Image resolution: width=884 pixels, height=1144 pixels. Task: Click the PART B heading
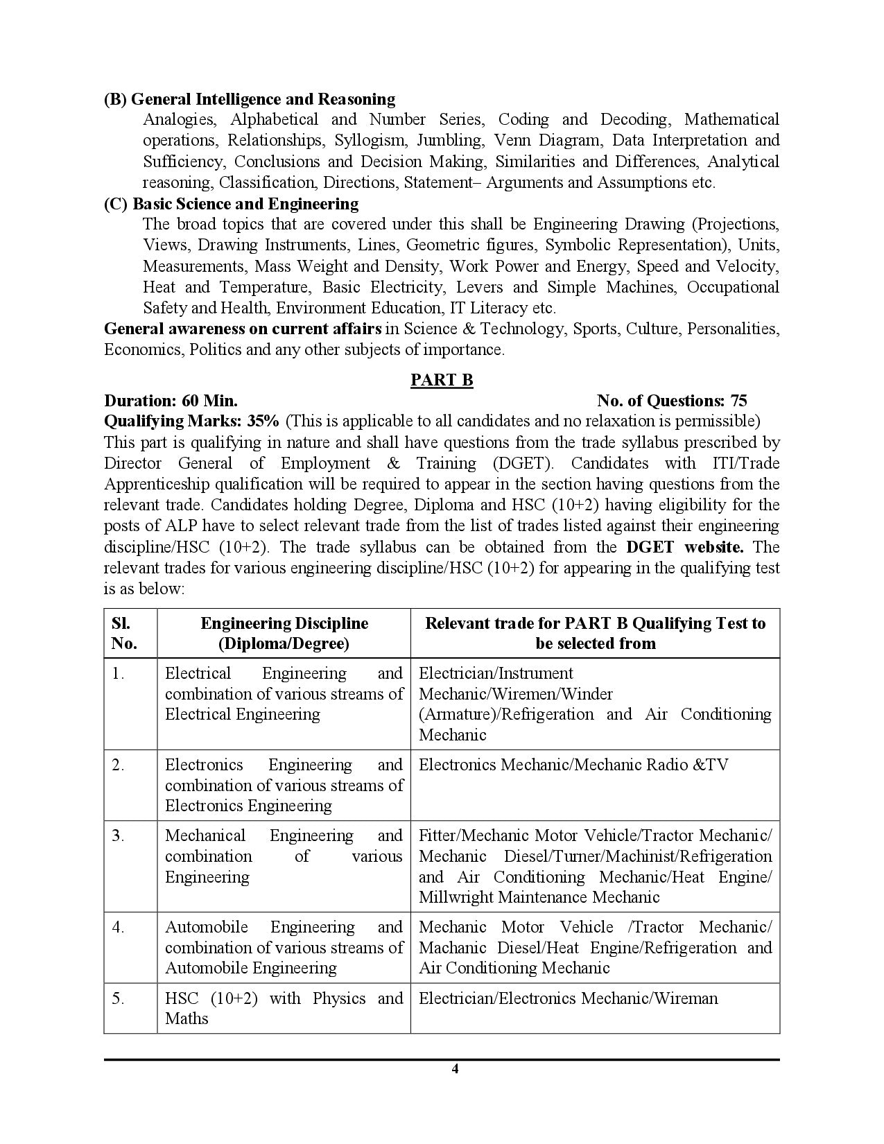click(442, 380)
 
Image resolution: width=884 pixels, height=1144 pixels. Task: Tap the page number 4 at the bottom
click(455, 1068)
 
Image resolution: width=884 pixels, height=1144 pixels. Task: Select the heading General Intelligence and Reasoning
click(250, 99)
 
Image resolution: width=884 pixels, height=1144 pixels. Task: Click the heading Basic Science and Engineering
click(232, 204)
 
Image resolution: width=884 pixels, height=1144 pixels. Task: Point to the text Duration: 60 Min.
click(171, 401)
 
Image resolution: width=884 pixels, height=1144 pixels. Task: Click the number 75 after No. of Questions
click(738, 401)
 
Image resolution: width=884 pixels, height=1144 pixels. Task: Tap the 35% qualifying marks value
click(266, 422)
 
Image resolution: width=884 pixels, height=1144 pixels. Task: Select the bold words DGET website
click(684, 546)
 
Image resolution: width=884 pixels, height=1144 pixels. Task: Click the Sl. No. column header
click(124, 633)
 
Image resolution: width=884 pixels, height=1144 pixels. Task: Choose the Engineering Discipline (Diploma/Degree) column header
click(284, 633)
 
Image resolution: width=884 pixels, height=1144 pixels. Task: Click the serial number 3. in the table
click(118, 836)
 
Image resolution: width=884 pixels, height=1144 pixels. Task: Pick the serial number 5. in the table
click(118, 998)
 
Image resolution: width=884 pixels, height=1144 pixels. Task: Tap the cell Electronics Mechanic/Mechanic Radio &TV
click(573, 765)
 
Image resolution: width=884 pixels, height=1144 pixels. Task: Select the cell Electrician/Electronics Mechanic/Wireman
click(569, 998)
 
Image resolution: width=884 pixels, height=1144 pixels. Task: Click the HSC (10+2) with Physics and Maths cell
click(284, 1008)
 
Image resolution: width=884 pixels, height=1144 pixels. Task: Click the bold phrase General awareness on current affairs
click(243, 329)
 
